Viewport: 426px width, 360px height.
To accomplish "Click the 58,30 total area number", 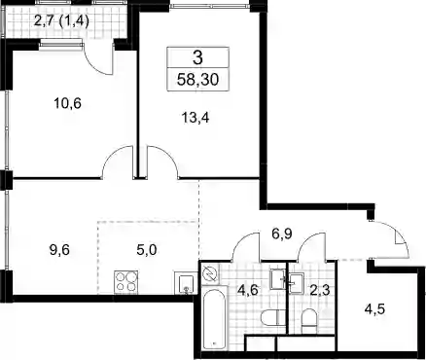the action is (197, 80).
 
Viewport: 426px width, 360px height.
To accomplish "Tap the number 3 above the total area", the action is (197, 58).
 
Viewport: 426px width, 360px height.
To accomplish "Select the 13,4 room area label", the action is (195, 118).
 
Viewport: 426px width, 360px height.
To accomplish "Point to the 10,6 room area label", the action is (67, 104).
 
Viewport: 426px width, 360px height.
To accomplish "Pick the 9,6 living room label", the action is (59, 250).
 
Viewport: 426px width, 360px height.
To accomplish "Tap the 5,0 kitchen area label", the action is (147, 250).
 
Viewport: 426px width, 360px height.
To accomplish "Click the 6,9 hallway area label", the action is (282, 234).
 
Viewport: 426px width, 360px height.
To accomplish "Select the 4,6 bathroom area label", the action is (248, 290).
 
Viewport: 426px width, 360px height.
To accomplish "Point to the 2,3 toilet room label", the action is (320, 290).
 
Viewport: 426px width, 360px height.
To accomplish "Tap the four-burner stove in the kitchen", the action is (125, 282).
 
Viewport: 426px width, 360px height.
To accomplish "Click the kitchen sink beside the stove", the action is (186, 283).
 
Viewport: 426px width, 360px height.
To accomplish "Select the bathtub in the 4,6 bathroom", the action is (214, 318).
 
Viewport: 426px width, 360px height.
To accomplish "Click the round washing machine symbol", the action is (209, 274).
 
